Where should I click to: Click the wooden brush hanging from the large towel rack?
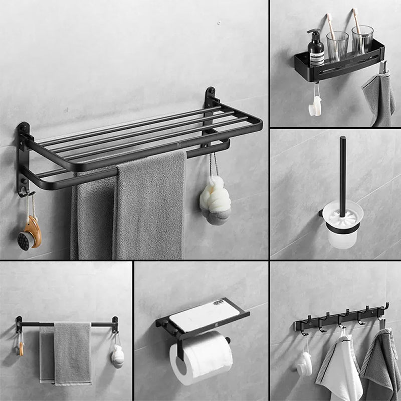coord(30,233)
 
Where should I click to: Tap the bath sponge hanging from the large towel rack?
coord(215,200)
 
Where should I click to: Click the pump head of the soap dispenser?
coord(313,32)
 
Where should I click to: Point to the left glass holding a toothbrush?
coord(337,46)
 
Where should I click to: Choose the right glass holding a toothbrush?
coord(362,40)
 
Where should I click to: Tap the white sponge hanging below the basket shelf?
coord(315,106)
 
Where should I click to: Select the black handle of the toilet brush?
coord(343,170)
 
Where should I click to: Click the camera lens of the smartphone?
coord(219,302)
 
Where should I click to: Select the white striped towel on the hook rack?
coord(339,368)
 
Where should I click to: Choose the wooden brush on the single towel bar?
coord(20,346)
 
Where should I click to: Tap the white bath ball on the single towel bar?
coord(117,356)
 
